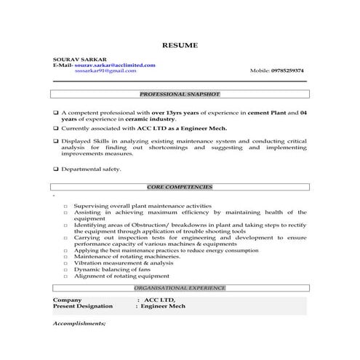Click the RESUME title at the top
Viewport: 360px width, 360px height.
click(180, 45)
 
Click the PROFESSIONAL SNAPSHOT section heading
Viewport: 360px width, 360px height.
click(180, 95)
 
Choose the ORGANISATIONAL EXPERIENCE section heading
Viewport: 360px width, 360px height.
click(180, 288)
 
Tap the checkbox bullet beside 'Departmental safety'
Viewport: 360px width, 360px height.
click(56, 169)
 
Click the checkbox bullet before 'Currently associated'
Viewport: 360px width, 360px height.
click(56, 128)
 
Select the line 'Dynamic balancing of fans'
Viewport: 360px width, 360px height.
click(109, 269)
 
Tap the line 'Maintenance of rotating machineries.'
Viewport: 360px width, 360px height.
click(127, 256)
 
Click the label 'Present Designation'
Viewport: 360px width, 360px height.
click(84, 306)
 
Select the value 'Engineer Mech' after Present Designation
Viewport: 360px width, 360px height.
click(164, 306)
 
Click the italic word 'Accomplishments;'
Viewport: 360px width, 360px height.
click(79, 322)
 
